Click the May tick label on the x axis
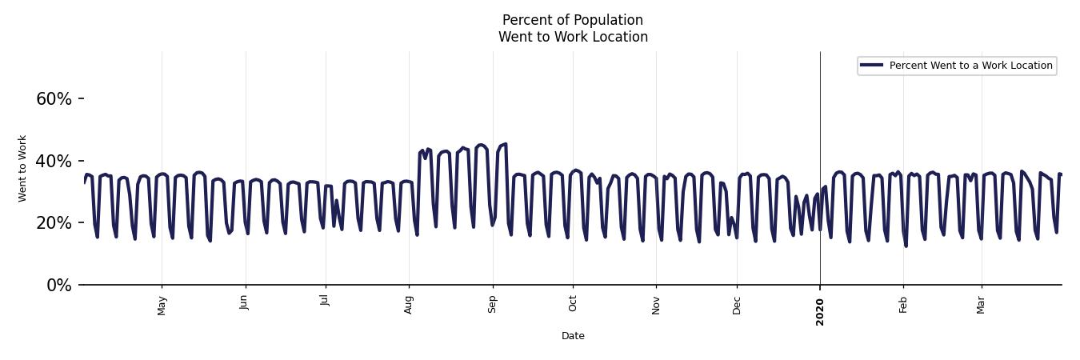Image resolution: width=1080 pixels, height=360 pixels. point(162,305)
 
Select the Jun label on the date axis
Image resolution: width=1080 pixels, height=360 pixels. point(246,302)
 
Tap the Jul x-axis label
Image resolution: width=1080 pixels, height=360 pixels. point(326,301)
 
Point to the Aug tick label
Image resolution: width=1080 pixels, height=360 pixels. point(409,305)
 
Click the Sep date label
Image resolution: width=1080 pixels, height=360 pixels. point(493,304)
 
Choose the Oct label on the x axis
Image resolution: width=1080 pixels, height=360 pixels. point(573,303)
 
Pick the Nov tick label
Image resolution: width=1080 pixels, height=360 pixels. point(656,305)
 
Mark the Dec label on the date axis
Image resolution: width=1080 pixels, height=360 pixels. point(737,305)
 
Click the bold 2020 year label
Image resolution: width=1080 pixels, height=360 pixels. point(820,311)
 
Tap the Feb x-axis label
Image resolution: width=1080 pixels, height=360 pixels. point(903,304)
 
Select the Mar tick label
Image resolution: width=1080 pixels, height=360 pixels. point(982,305)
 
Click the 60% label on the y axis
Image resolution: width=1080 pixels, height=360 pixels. point(54,99)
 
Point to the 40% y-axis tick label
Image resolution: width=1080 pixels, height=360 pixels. point(54,162)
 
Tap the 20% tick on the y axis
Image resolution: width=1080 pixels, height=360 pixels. point(54,223)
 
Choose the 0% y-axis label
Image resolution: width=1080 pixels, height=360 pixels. point(58,286)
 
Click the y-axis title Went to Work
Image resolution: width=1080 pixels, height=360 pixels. point(22,168)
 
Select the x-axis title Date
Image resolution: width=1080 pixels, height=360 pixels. point(573,336)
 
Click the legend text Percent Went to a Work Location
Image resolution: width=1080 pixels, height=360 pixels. point(970,66)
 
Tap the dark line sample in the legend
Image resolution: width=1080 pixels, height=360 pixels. point(872,66)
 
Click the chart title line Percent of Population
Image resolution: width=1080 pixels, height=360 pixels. point(573,20)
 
